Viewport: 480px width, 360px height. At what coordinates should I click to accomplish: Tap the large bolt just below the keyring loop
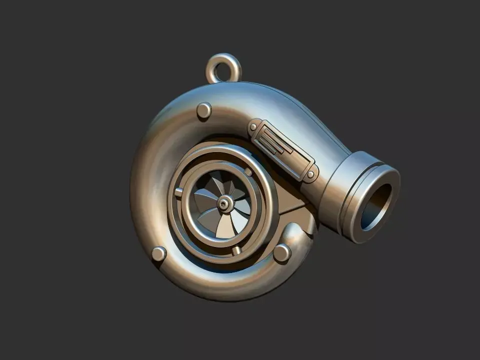tap(204, 110)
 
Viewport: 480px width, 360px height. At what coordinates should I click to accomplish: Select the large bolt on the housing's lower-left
tap(159, 254)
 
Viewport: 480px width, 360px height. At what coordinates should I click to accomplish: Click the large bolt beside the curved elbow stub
tap(282, 252)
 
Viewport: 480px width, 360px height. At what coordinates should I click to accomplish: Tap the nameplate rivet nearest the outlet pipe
tap(311, 174)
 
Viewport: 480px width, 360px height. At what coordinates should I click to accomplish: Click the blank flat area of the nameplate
tap(295, 160)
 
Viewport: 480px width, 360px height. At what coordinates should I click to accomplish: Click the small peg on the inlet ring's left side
tap(178, 192)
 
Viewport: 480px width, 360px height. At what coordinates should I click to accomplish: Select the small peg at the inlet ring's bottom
tap(237, 250)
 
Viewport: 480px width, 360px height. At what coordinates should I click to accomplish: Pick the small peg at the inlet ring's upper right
tap(248, 171)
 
